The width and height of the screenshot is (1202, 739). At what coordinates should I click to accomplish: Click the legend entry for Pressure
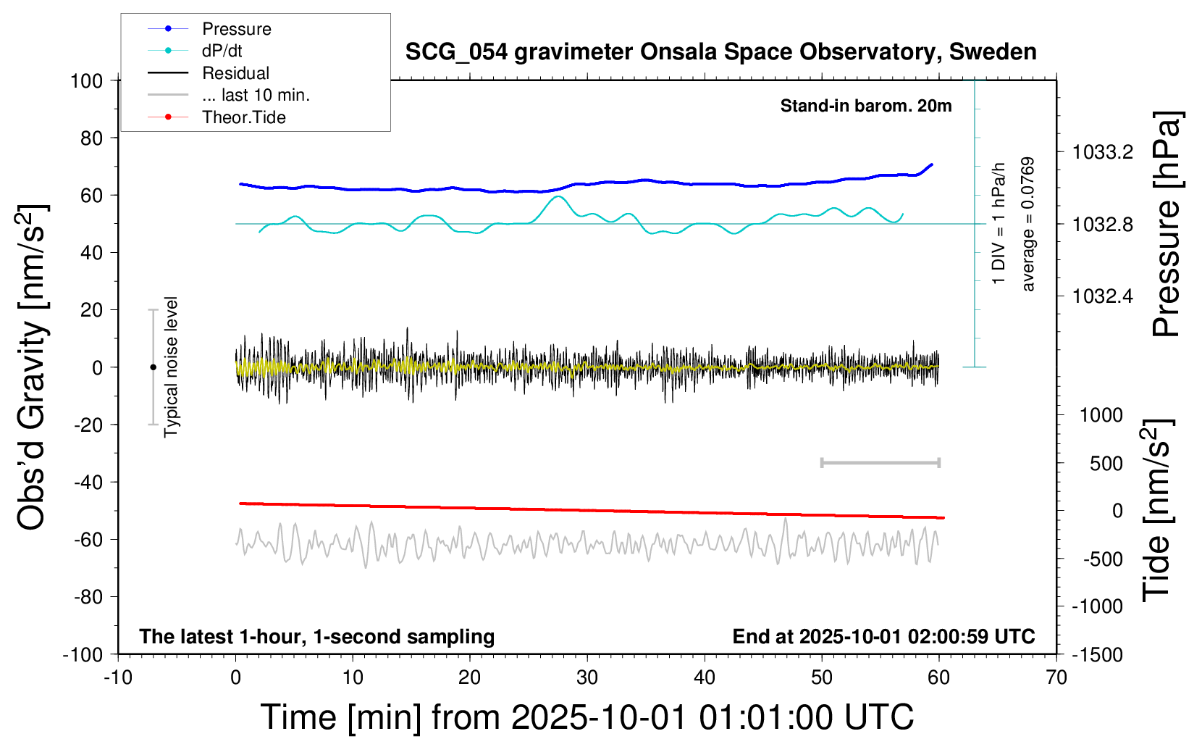236,29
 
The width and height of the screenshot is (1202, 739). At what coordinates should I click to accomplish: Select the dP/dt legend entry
222,51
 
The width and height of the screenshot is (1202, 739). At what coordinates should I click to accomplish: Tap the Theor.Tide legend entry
243,117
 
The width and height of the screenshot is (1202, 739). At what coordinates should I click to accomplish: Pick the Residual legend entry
235,73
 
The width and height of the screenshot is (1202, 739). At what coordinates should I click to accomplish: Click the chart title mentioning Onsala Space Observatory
720,52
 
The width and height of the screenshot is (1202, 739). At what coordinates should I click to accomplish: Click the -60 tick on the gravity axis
88,539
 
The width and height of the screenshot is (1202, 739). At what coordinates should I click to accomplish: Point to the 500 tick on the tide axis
1106,463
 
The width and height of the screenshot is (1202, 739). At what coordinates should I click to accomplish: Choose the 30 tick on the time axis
587,678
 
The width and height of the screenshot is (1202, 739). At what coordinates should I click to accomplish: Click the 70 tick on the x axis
1056,678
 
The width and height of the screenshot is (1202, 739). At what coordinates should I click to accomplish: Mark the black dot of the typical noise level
153,367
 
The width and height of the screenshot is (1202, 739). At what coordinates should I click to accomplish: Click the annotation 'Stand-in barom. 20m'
865,106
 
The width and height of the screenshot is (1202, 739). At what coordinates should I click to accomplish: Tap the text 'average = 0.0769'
1028,224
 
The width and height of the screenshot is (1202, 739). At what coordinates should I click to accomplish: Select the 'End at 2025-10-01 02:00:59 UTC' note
883,637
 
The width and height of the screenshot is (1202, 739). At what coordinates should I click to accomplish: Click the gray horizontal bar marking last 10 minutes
880,462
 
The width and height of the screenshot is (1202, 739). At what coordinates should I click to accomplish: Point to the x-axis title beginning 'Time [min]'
587,717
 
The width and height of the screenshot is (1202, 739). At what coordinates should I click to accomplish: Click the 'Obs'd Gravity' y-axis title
33,367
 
